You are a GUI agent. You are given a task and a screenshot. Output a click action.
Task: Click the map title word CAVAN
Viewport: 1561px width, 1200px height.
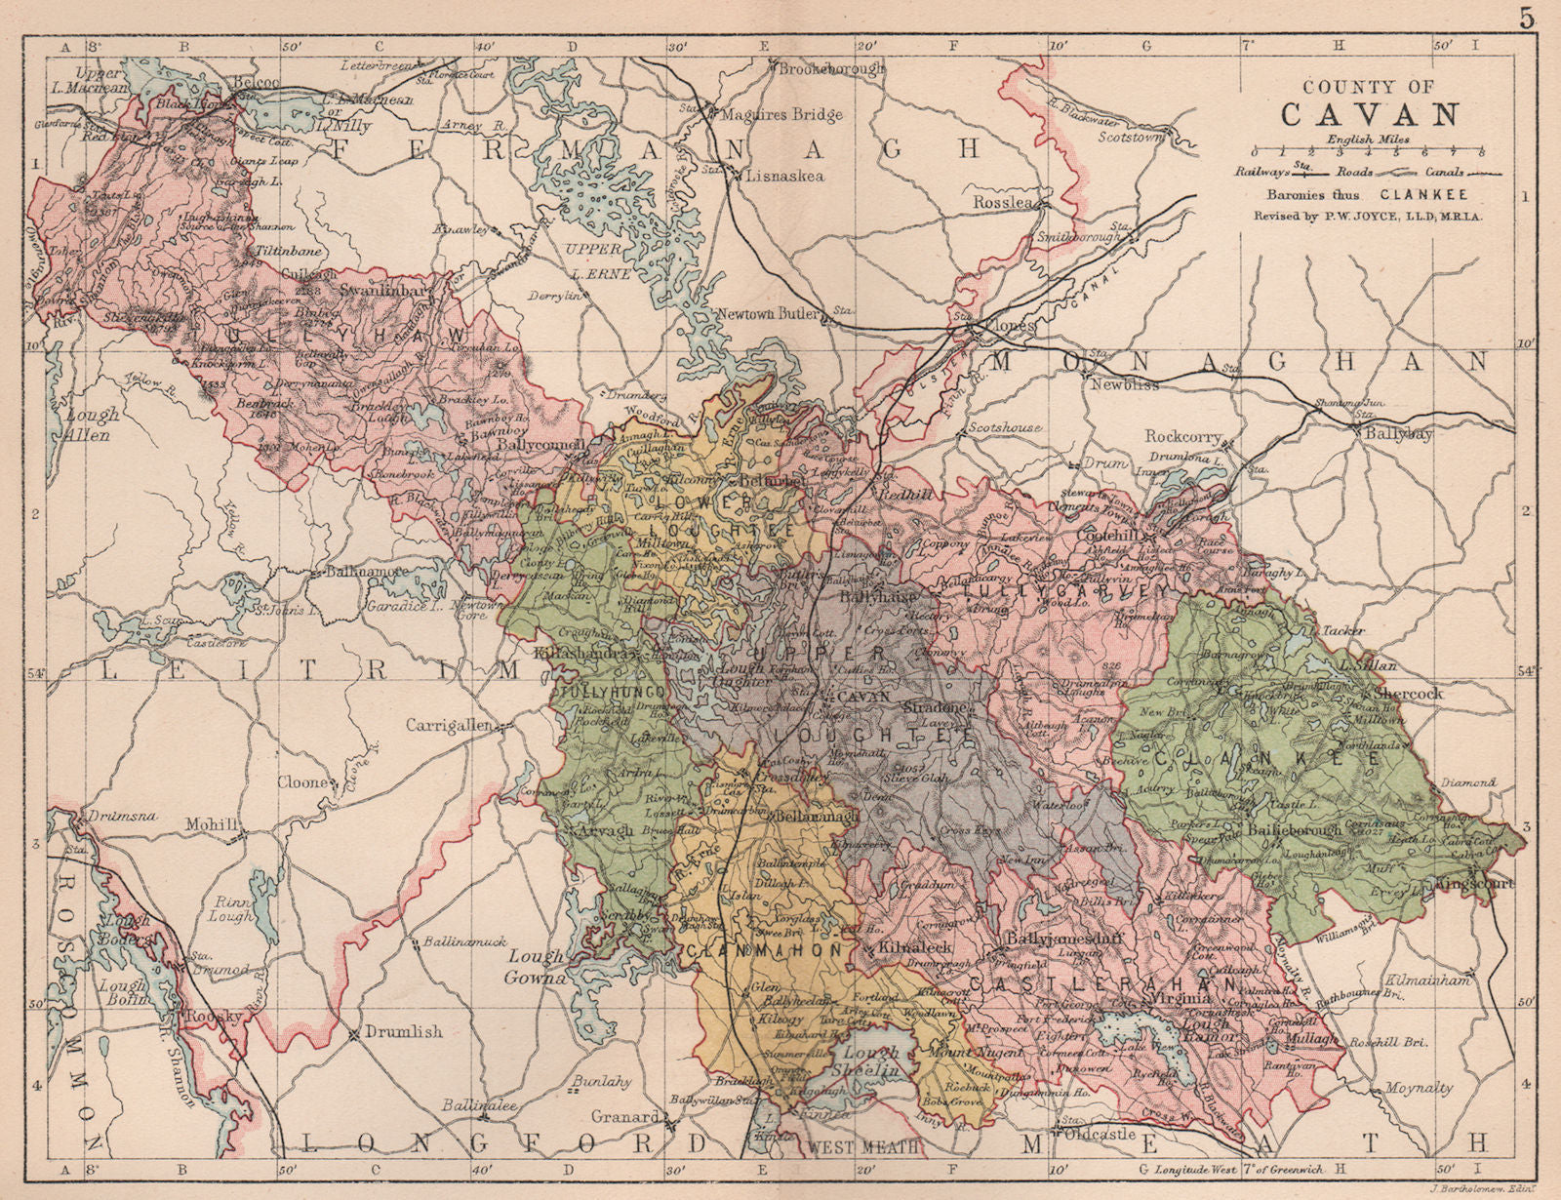tap(1370, 114)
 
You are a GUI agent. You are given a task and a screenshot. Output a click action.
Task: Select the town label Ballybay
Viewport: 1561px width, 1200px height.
tap(1398, 432)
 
